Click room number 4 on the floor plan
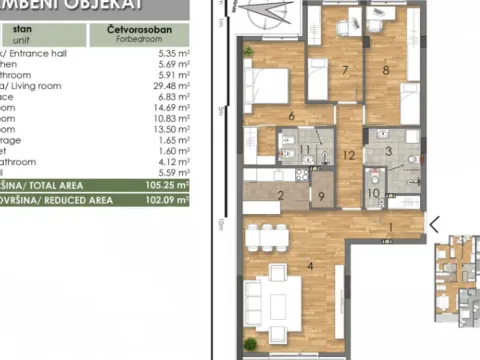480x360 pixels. (x=311, y=267)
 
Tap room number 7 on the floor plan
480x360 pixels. (x=344, y=70)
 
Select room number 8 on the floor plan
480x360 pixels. (x=387, y=70)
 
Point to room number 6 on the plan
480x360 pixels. (x=290, y=118)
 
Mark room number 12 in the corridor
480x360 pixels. (x=348, y=155)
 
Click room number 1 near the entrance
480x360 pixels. (x=391, y=227)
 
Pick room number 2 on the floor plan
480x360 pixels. (x=281, y=195)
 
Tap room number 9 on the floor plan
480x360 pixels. (x=322, y=195)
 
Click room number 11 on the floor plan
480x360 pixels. (x=305, y=151)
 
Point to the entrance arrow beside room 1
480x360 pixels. (x=434, y=224)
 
